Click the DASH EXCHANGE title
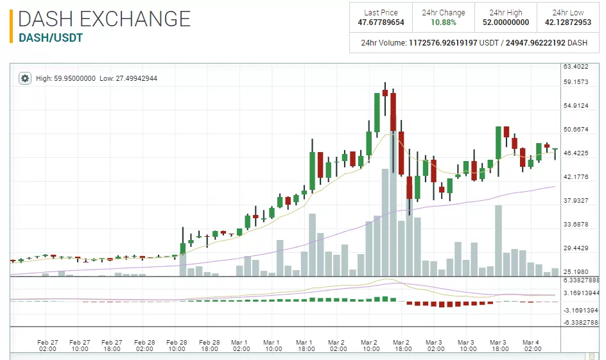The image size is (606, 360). point(105,18)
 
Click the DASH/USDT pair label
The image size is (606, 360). point(51,38)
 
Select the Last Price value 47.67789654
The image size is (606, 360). point(381,22)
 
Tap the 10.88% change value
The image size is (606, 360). point(444,22)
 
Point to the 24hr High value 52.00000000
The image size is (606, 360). point(506,22)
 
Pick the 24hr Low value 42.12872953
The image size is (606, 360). point(568,22)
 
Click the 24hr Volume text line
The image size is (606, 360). point(474,43)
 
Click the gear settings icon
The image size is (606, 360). point(25,78)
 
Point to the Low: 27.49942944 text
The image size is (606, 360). point(128,78)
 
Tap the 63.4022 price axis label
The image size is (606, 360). point(576,67)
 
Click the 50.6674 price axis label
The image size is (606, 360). point(576,130)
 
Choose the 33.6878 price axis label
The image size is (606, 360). point(576,225)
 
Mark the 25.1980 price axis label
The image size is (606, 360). point(576,272)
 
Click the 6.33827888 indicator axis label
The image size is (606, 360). point(581,280)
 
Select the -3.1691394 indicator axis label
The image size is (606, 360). point(581,311)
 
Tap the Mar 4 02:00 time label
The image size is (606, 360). point(532,346)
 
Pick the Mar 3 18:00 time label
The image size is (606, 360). point(499,346)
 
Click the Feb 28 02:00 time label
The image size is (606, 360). point(144,346)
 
